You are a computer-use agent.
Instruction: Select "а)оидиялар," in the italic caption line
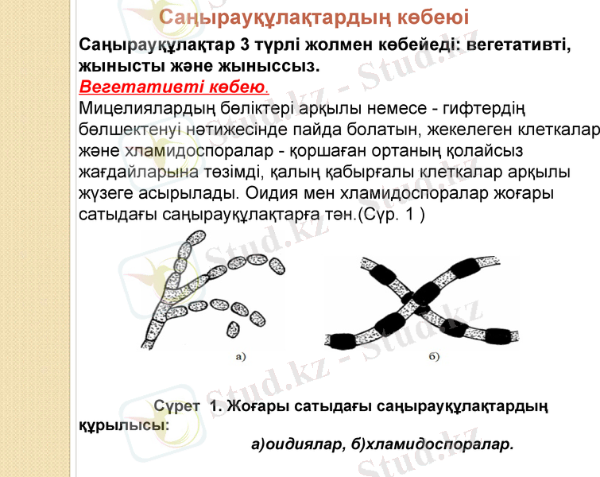pos(299,444)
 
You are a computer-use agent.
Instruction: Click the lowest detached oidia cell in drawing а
pos(234,330)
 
